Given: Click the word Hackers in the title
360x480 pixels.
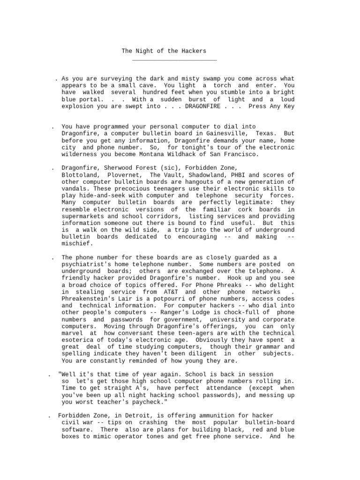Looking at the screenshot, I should pos(193,51).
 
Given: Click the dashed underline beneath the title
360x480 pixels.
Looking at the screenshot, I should pos(174,60).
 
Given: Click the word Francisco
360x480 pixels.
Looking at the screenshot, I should pos(241,154).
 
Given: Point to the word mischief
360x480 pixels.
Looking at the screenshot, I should pos(77,244).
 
